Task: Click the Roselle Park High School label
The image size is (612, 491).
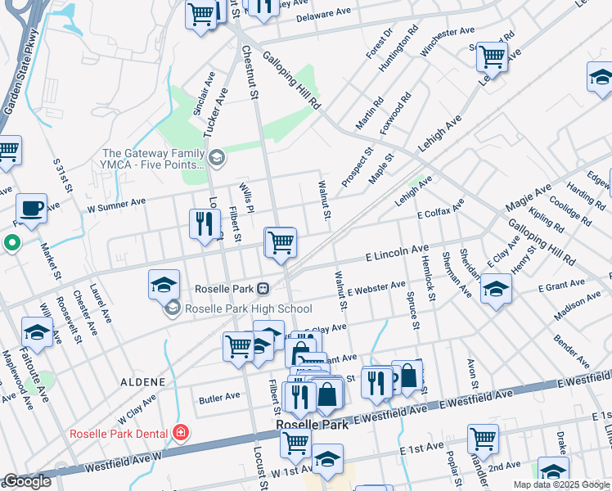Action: pyautogui.click(x=249, y=309)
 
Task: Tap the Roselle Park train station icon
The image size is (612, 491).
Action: pyautogui.click(x=263, y=289)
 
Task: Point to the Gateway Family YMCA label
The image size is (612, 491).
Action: pyautogui.click(x=154, y=154)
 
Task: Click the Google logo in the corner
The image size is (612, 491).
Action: pyautogui.click(x=27, y=481)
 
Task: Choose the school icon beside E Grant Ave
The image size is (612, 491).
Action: pyautogui.click(x=496, y=290)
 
